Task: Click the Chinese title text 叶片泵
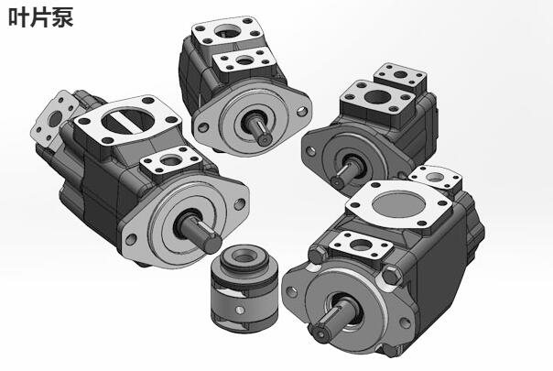pyautogui.click(x=41, y=16)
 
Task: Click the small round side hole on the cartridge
pyautogui.click(x=240, y=311)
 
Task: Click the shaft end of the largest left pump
pyautogui.click(x=212, y=244)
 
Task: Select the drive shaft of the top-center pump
pyautogui.click(x=260, y=130)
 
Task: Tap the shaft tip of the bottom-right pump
pyautogui.click(x=321, y=334)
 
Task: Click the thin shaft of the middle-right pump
pyautogui.click(x=344, y=173)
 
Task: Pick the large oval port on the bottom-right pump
pyautogui.click(x=398, y=204)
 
